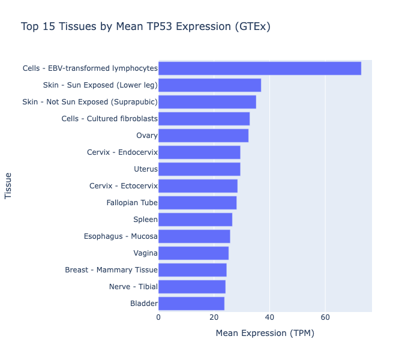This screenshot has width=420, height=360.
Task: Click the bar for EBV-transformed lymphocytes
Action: pyautogui.click(x=259, y=68)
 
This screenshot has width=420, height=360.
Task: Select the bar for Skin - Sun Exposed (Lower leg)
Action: pyautogui.click(x=209, y=85)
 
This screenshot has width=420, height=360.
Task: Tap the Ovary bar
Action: pyautogui.click(x=203, y=136)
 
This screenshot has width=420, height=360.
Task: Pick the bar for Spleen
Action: pyautogui.click(x=195, y=220)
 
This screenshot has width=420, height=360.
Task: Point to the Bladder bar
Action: pyautogui.click(x=191, y=304)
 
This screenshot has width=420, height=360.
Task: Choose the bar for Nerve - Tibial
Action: pyautogui.click(x=191, y=287)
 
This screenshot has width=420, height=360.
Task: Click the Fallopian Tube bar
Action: pyautogui.click(x=197, y=203)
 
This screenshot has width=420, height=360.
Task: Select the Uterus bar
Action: pyautogui.click(x=199, y=169)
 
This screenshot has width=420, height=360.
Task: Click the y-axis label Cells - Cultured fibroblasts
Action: pyautogui.click(x=109, y=119)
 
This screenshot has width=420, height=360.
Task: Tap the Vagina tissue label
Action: pyautogui.click(x=145, y=253)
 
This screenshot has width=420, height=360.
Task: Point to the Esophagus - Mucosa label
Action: pyautogui.click(x=121, y=236)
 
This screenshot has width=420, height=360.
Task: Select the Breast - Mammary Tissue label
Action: pyautogui.click(x=111, y=270)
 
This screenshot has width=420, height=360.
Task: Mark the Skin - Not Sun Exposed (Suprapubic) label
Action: pyautogui.click(x=90, y=102)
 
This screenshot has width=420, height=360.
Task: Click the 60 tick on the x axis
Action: pyautogui.click(x=325, y=317)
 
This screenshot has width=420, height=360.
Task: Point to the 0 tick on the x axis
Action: pyautogui.click(x=158, y=317)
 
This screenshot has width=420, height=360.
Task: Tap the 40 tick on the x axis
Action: pyautogui.click(x=269, y=317)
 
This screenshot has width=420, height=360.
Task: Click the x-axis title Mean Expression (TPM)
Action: pyautogui.click(x=265, y=333)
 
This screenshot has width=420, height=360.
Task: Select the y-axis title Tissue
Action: pyautogui.click(x=8, y=186)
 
